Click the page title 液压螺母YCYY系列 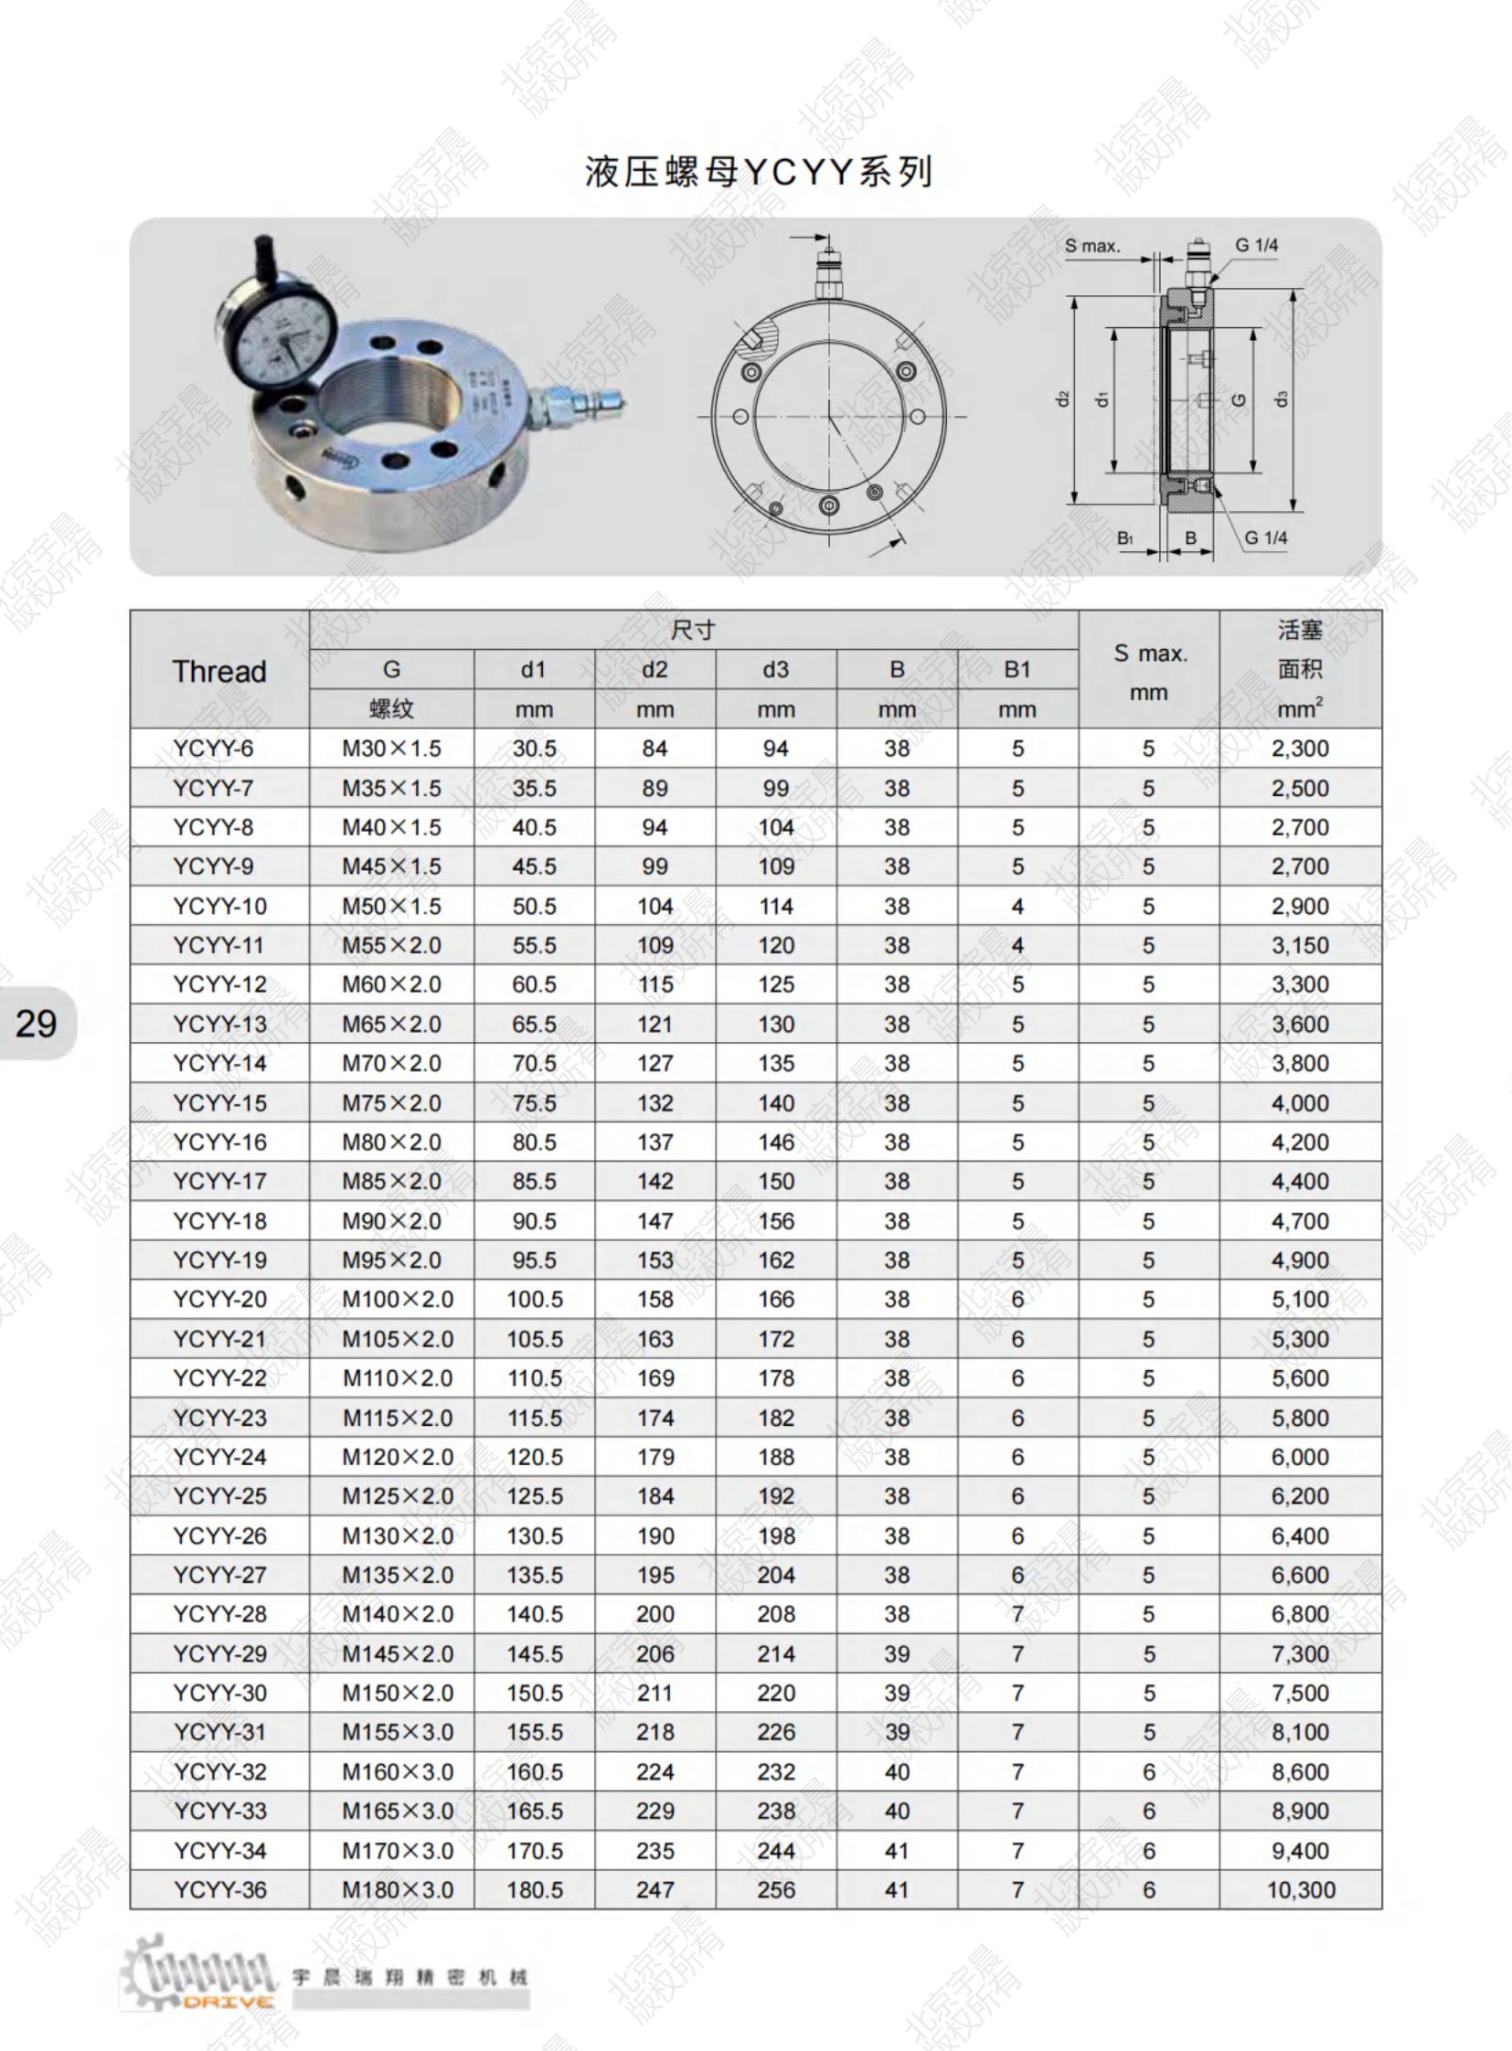[759, 172]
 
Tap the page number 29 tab [37, 1023]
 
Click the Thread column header [219, 671]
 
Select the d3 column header [775, 670]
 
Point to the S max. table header [1150, 654]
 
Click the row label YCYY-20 [219, 1300]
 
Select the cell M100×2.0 [398, 1300]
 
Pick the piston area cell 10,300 [1300, 1890]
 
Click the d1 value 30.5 [535, 749]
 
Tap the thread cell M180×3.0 [398, 1890]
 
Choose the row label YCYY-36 [219, 1890]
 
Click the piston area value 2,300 [1300, 749]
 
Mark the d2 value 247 [655, 1890]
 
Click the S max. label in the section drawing [1091, 246]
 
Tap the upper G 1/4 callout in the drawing [1257, 245]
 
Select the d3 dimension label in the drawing [1283, 400]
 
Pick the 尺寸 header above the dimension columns [693, 630]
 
